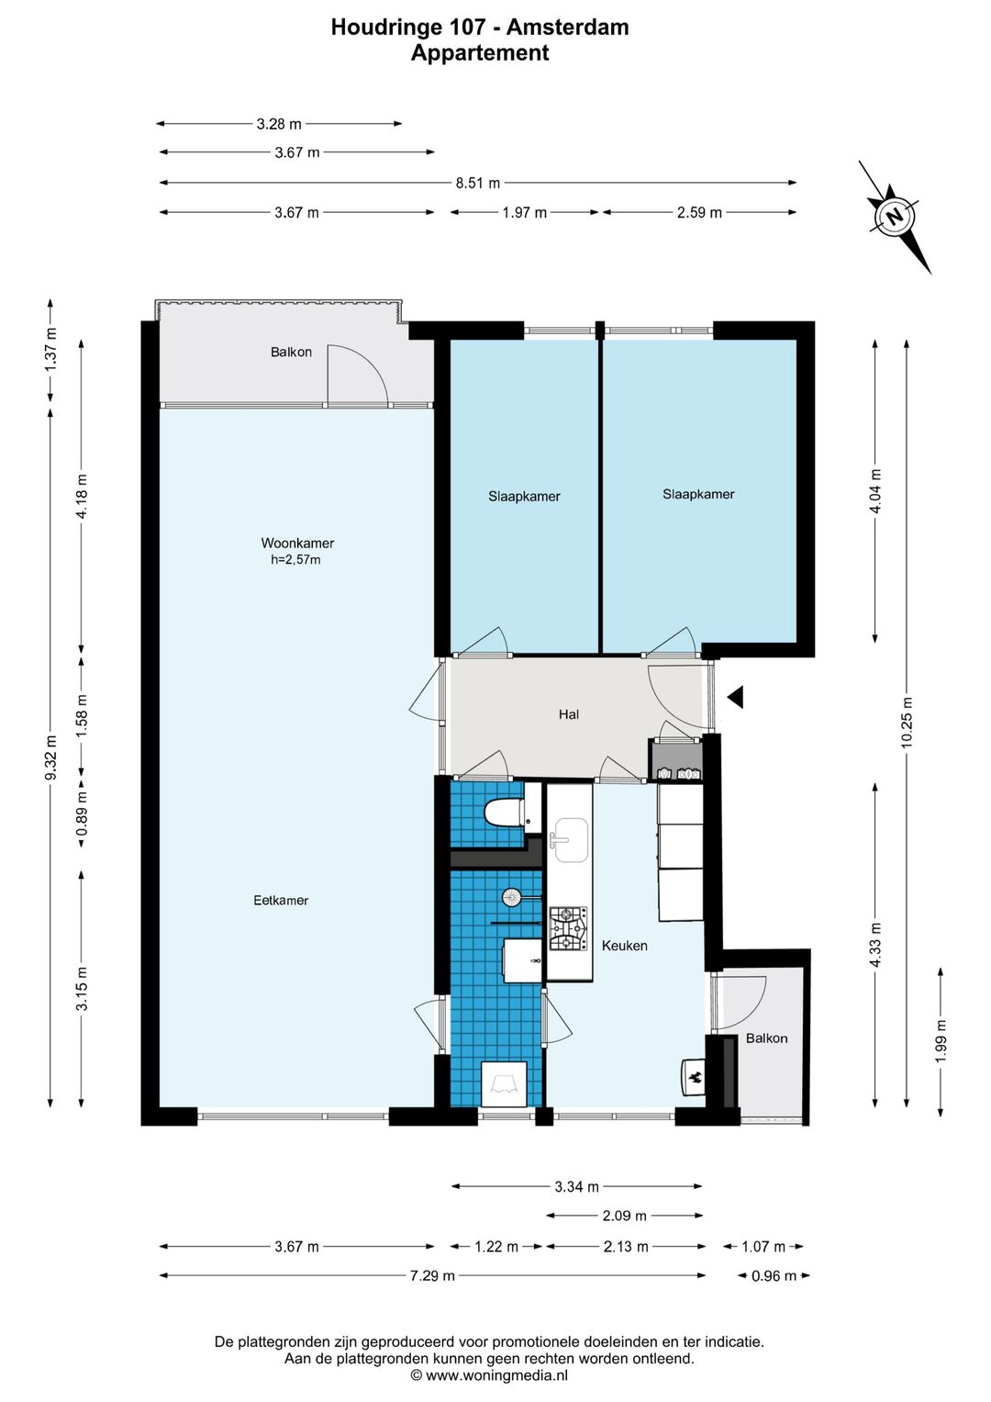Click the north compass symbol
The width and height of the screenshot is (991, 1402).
pos(895,217)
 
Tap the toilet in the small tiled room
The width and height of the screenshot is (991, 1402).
pos(505,813)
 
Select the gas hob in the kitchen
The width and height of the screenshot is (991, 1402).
pos(568,929)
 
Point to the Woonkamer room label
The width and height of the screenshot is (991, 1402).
pos(298,543)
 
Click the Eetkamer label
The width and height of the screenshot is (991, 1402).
pos(281,900)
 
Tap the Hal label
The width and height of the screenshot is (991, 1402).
pos(569,714)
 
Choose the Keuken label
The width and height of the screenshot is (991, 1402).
pos(624,946)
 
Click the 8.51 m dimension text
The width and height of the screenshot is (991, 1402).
pos(478,184)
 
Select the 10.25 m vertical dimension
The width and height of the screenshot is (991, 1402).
pos(907,722)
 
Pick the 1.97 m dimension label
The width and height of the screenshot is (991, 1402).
pos(524,213)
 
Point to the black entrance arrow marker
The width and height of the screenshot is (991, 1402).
pos(735,697)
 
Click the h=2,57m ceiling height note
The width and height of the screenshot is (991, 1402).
pos(295,559)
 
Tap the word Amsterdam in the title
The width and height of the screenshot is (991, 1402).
pos(567,27)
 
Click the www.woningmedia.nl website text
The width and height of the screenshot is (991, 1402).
pos(496,1375)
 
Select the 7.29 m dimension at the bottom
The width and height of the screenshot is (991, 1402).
pos(432,1275)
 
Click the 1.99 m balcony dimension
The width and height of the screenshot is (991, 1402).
pos(941,1039)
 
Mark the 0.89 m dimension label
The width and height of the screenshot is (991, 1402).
pos(82,814)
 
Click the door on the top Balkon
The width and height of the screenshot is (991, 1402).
pos(358,376)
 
